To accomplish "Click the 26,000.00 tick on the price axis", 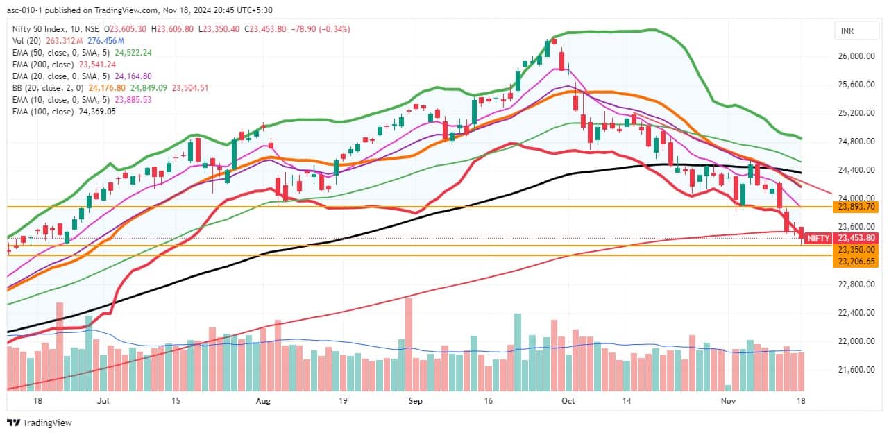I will click(856, 56).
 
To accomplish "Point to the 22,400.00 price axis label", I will click(856, 312).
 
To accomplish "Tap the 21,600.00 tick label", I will click(856, 369).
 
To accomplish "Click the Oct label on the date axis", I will click(568, 401).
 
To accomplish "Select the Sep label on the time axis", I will click(415, 401).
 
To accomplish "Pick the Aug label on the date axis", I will click(262, 401).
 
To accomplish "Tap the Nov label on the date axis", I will click(727, 401).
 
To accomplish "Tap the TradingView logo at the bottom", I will click(40, 423).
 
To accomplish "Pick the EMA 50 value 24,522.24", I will click(128, 53).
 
